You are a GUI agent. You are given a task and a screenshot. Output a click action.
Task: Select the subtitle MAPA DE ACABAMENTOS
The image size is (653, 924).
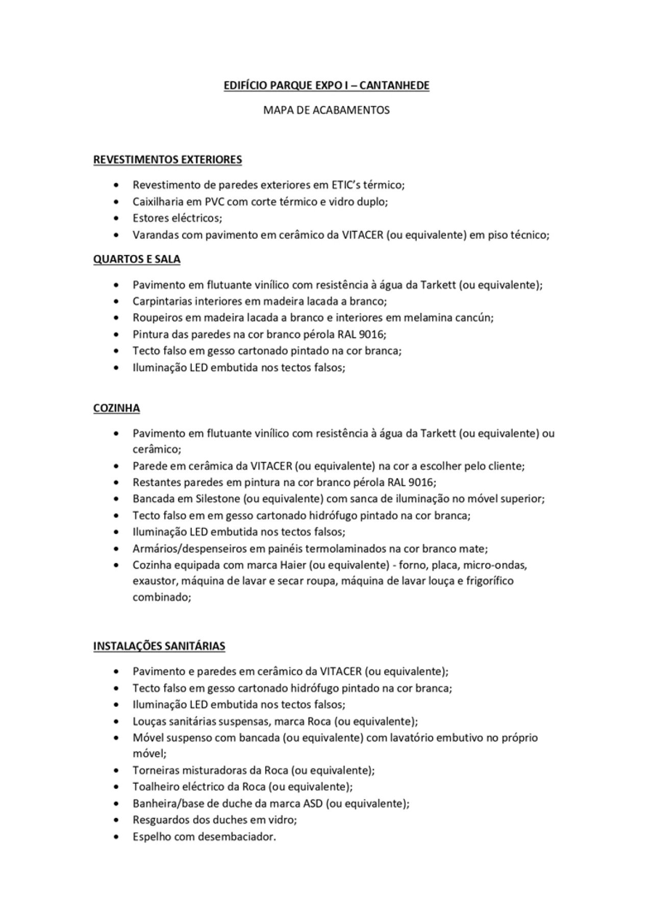326,110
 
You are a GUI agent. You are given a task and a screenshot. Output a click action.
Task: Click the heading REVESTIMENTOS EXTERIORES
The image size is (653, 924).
167,160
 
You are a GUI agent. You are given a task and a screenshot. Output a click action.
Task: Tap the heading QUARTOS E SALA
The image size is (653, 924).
137,259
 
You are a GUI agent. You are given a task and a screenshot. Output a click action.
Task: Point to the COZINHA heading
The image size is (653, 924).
116,408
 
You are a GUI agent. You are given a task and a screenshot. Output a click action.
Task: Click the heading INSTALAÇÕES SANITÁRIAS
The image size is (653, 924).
159,646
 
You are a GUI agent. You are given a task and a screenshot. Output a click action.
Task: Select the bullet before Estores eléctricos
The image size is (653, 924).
118,218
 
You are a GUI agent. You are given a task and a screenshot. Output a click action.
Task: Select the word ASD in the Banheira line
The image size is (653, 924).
313,804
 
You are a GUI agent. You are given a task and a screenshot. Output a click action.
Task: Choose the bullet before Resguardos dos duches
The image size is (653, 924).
118,820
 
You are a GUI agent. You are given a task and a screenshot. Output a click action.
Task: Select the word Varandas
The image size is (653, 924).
155,235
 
